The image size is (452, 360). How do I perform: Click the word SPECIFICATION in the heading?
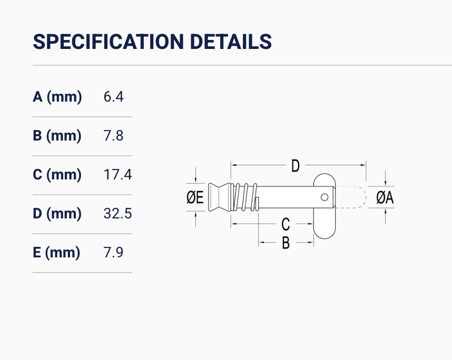click(x=109, y=42)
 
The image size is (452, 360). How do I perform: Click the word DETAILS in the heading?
click(x=231, y=42)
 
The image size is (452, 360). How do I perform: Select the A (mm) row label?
click(x=57, y=97)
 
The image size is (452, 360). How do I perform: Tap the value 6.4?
click(x=114, y=97)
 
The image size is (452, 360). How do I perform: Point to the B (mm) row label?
click(x=57, y=136)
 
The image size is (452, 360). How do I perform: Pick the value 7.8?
click(x=113, y=136)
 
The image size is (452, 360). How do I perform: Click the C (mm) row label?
click(x=57, y=175)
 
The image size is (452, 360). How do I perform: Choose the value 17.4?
click(x=117, y=175)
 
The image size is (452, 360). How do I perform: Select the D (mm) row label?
click(x=57, y=213)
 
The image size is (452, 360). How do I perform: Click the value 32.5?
click(x=117, y=213)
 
